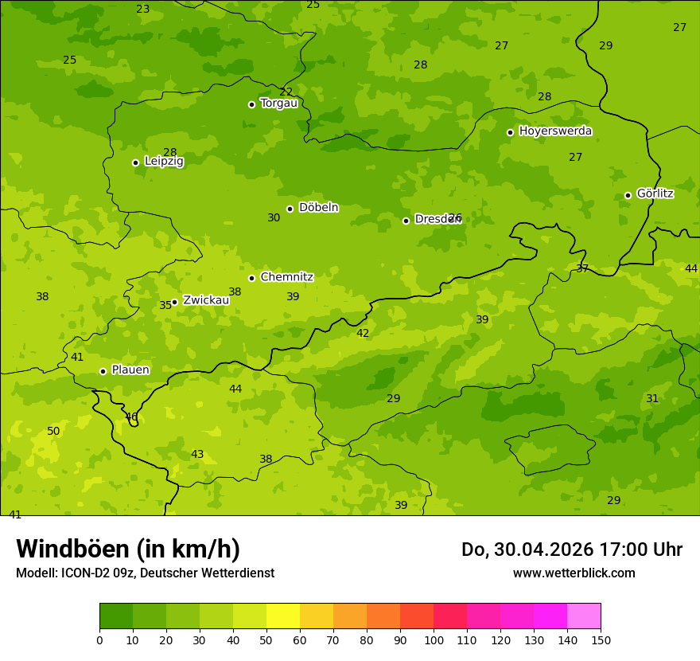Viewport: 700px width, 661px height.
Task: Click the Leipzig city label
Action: pyautogui.click(x=164, y=162)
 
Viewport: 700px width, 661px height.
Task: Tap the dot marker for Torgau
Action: pyautogui.click(x=251, y=104)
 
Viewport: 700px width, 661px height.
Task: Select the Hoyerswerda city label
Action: pyautogui.click(x=555, y=131)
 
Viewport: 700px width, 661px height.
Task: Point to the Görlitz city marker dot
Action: pyautogui.click(x=628, y=195)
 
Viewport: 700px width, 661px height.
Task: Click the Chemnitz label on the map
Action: pyautogui.click(x=286, y=278)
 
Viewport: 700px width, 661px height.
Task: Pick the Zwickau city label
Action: pyautogui.click(x=206, y=300)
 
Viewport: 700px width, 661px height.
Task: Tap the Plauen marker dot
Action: pyautogui.click(x=103, y=371)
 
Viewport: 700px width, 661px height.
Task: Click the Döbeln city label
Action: pyautogui.click(x=318, y=208)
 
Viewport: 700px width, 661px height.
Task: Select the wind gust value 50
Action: pyautogui.click(x=53, y=432)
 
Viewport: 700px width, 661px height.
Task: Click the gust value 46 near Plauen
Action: pyautogui.click(x=131, y=417)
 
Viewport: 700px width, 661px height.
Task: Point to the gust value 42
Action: pyautogui.click(x=363, y=334)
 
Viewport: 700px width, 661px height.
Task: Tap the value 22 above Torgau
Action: pyautogui.click(x=286, y=92)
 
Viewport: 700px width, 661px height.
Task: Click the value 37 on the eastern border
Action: pyautogui.click(x=582, y=269)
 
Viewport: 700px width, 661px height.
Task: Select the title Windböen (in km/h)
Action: pyautogui.click(x=128, y=549)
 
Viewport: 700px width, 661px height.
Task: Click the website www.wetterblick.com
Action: pyautogui.click(x=574, y=573)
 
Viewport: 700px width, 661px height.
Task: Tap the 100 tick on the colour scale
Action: pyautogui.click(x=434, y=639)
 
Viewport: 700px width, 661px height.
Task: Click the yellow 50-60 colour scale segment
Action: pyautogui.click(x=283, y=616)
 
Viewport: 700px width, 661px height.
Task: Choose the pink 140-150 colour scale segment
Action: pyautogui.click(x=584, y=616)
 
